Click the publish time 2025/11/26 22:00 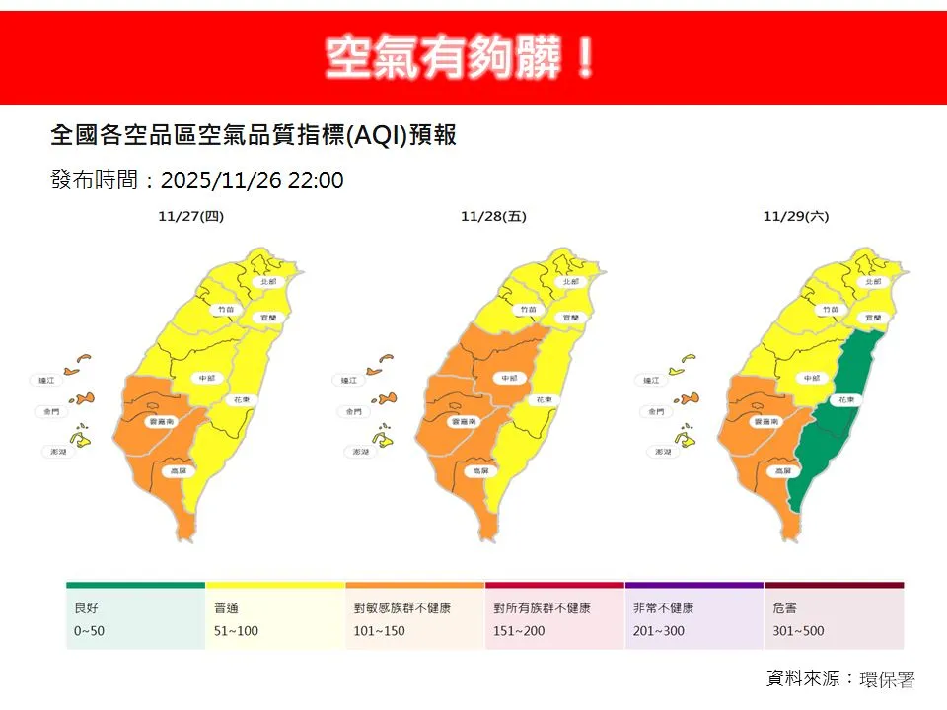[252, 180]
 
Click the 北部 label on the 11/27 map [266, 281]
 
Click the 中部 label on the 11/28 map [509, 378]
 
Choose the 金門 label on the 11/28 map [350, 411]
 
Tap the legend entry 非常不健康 [662, 608]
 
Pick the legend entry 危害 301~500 [799, 619]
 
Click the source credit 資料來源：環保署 [840, 679]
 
